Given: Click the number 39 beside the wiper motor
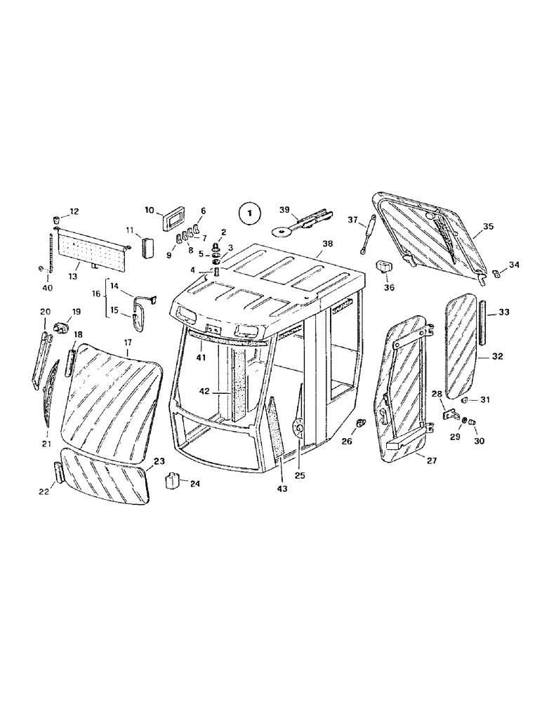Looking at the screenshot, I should tap(284, 210).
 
